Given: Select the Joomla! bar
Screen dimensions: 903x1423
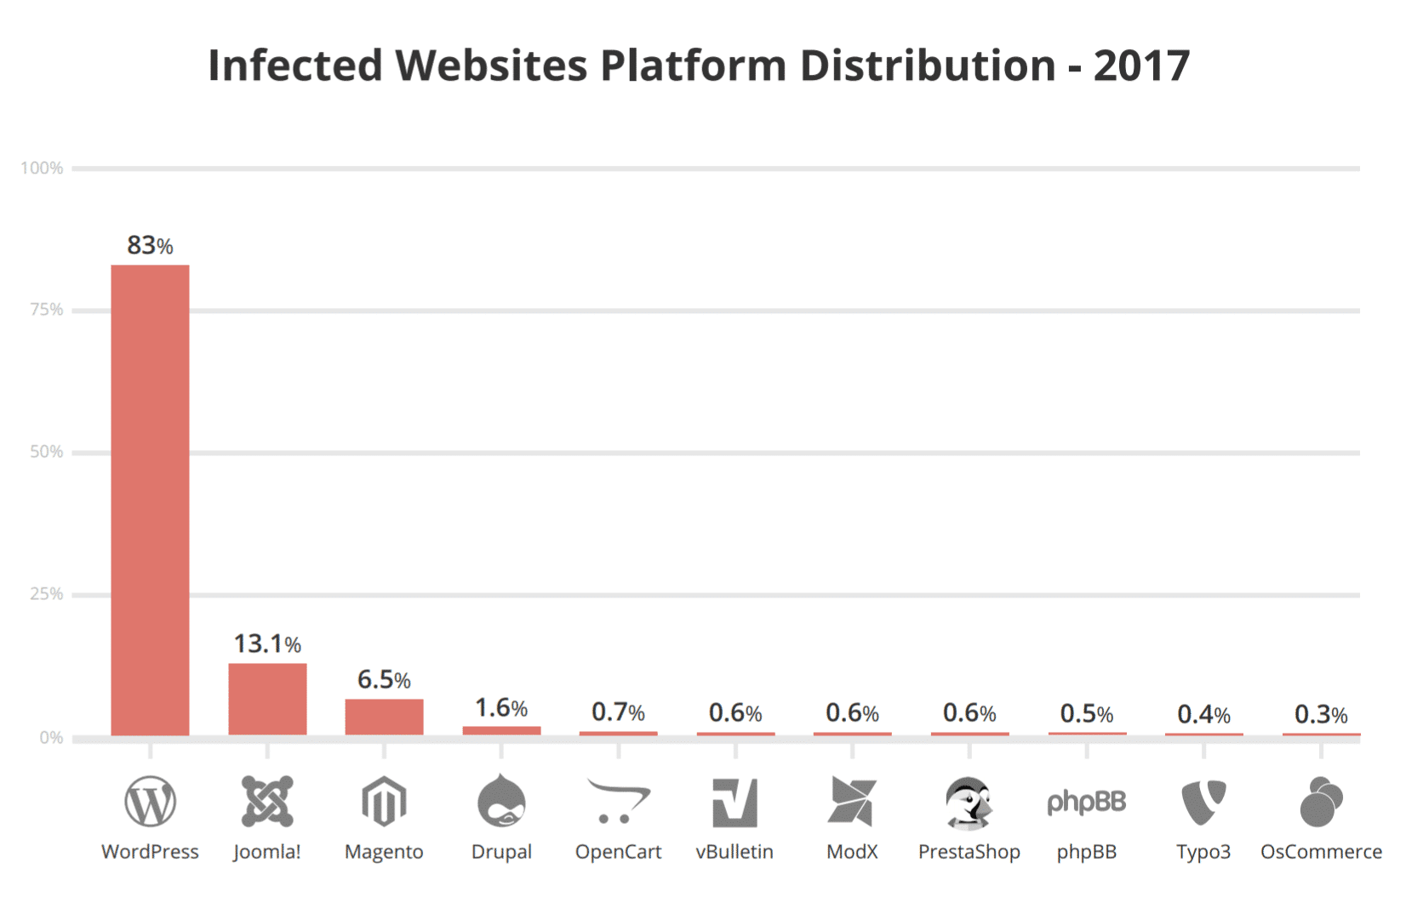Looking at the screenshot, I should coord(267,699).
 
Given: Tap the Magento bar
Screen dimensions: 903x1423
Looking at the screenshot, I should coord(384,717).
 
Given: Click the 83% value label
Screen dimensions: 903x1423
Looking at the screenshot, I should coord(150,246).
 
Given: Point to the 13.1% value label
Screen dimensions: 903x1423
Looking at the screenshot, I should coord(267,644).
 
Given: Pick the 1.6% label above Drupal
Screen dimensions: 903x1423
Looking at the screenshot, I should coord(501,708).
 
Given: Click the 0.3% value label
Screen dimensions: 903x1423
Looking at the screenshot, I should coord(1321,715).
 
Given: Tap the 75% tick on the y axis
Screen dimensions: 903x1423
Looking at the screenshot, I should coord(47,310).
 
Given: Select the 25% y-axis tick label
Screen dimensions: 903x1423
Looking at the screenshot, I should coord(47,594).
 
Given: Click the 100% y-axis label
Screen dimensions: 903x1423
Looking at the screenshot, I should coord(42,169).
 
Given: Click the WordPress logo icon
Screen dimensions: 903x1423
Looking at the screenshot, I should coord(150,802).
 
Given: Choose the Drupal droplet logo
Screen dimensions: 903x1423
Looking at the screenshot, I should coord(501,801).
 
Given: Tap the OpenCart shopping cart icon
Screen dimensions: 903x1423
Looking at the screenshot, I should coord(619,801).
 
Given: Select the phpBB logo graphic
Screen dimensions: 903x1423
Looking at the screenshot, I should coord(1086,802).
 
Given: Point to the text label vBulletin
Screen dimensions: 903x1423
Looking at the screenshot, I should coord(734,852).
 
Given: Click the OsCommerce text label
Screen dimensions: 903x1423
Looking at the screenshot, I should coord(1321,852).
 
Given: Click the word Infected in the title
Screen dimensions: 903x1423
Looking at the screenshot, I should coord(295,66).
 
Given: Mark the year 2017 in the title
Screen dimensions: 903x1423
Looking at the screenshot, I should coord(1141,66).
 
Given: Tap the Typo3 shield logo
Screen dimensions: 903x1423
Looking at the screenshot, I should coord(1203,802).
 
